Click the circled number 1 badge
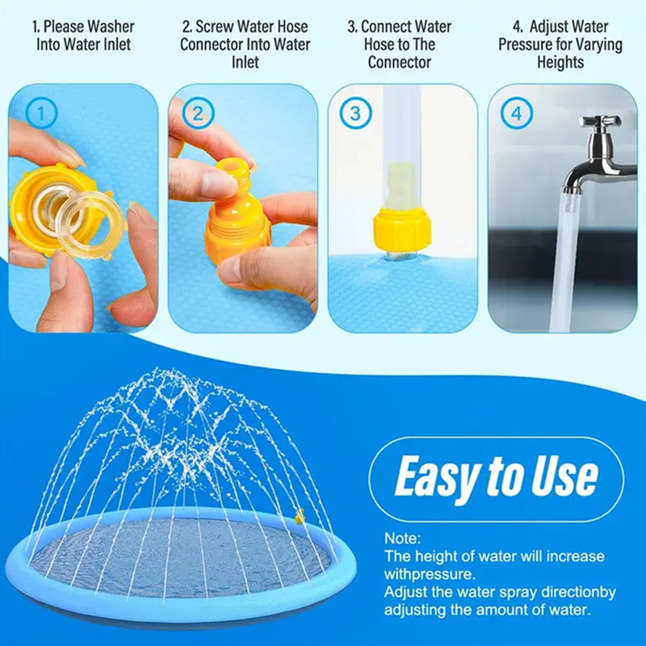click(41, 113)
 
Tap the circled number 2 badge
click(198, 113)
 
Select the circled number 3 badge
click(355, 113)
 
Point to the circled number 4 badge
click(517, 113)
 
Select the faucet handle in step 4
click(599, 122)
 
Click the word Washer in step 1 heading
click(111, 27)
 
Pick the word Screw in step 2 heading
click(214, 27)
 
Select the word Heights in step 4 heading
click(560, 63)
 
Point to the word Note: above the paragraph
click(402, 539)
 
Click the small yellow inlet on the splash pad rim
click(300, 517)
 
